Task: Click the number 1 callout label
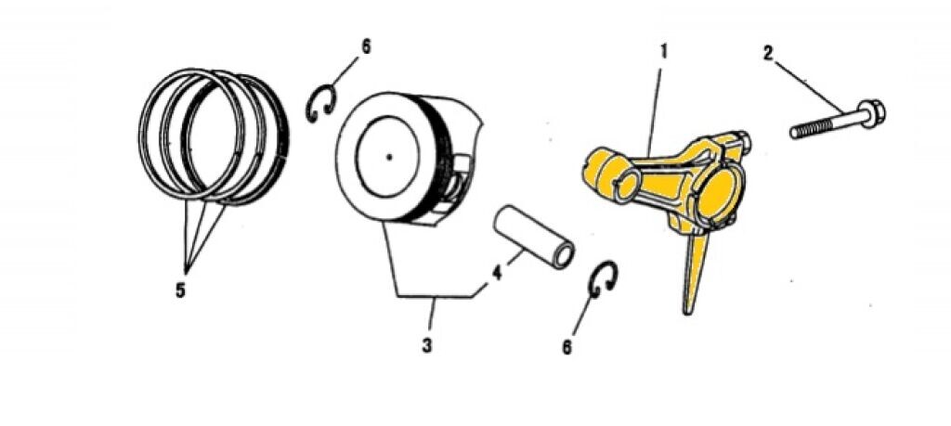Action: click(x=663, y=52)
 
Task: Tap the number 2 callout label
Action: click(x=768, y=54)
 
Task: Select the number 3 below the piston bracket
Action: click(x=427, y=346)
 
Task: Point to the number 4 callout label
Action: click(x=497, y=273)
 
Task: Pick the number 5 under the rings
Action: click(x=181, y=290)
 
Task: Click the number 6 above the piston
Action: click(x=366, y=46)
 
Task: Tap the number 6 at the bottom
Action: click(x=567, y=347)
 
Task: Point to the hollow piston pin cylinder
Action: click(x=533, y=237)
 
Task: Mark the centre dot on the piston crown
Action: click(x=390, y=157)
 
